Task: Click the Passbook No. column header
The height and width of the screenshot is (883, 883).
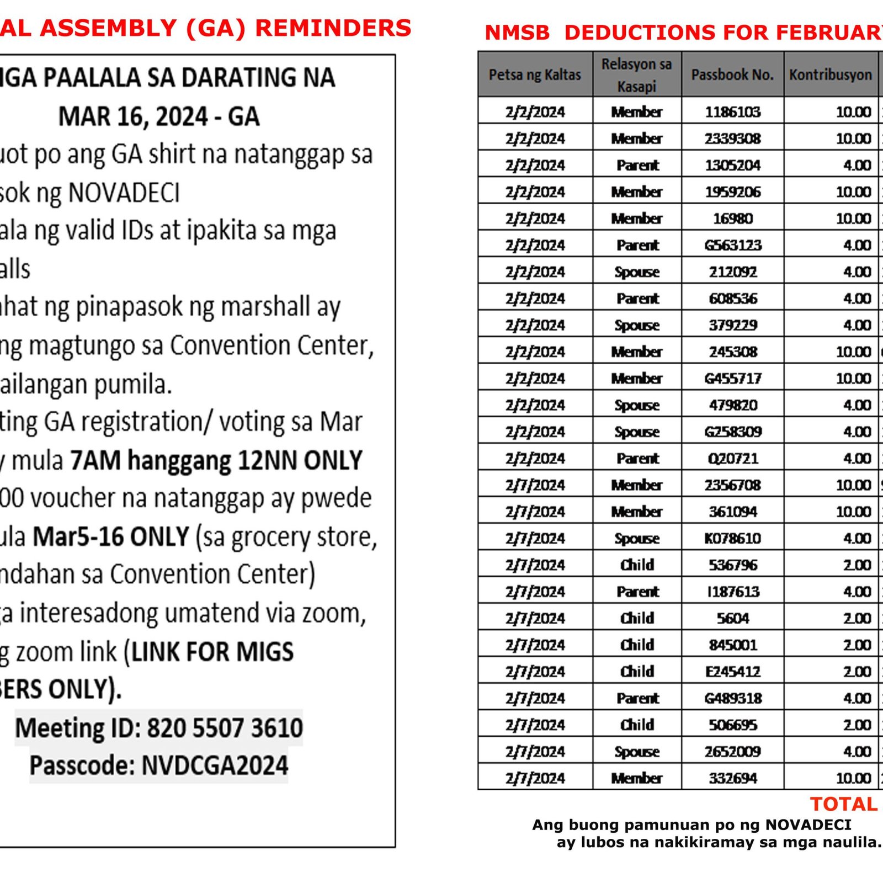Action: (x=732, y=75)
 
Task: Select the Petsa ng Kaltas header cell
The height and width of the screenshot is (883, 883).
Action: (x=535, y=75)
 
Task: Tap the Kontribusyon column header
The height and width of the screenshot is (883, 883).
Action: (x=830, y=75)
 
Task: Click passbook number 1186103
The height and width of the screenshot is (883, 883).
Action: (x=732, y=112)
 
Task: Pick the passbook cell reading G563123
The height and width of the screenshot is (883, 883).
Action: (x=732, y=245)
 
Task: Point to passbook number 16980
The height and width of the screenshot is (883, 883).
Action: (x=732, y=219)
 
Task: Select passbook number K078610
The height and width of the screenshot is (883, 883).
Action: (x=732, y=538)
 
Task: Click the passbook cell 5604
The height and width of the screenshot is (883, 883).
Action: (x=732, y=618)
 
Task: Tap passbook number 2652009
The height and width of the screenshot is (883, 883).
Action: (x=732, y=751)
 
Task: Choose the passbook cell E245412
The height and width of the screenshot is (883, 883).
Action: (x=732, y=671)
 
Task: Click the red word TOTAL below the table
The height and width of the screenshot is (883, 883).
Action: (x=843, y=804)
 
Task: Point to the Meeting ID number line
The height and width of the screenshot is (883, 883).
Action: (x=159, y=728)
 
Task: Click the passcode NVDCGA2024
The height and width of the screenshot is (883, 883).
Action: (x=215, y=765)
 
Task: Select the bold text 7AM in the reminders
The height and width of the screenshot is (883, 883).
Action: (x=95, y=460)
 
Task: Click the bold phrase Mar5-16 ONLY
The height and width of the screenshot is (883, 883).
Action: (x=111, y=536)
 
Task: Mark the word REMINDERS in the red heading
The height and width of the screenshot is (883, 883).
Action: (x=333, y=28)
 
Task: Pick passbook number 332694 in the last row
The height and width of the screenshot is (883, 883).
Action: (x=732, y=778)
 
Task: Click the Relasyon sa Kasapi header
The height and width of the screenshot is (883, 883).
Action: (x=636, y=75)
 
